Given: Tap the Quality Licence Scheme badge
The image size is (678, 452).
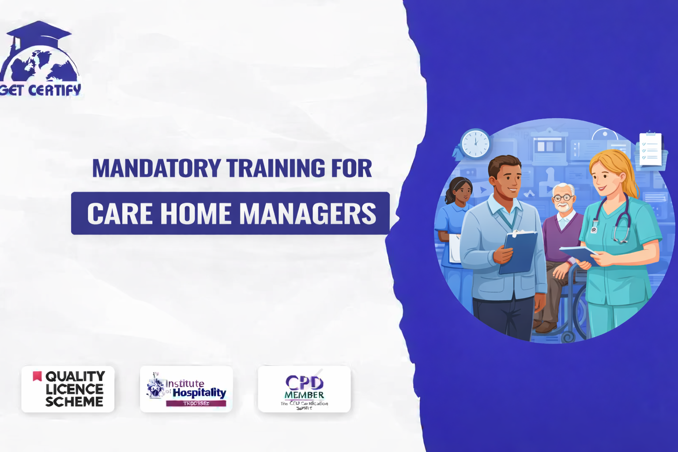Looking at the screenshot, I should coord(68,389).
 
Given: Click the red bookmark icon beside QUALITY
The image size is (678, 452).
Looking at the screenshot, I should coord(37,376).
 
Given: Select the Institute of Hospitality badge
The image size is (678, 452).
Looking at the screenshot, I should coord(186,389).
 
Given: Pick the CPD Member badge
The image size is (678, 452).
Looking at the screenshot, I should coord(304,389).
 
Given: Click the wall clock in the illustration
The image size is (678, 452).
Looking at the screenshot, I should coord(475,143).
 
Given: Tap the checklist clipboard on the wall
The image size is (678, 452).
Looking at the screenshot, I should coord(651,150).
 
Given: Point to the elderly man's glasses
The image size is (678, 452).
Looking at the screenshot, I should coord(563,198).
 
